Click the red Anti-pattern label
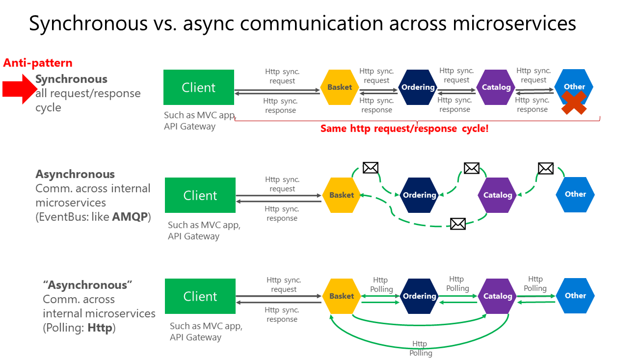point(38,63)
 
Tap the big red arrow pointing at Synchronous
point(20,89)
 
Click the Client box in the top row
point(199,88)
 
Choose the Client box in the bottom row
point(200,296)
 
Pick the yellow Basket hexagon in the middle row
point(342,195)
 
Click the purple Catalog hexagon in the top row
point(496,87)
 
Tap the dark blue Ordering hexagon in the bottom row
point(419,296)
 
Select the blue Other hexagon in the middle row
point(575,194)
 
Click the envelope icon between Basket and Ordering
point(371,168)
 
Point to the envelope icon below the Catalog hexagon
point(457,224)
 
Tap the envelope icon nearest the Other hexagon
point(545,168)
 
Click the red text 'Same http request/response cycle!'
point(404,129)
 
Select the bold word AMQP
point(130,216)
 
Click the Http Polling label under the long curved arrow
point(421,348)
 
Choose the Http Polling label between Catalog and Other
point(535,283)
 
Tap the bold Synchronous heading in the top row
point(71,79)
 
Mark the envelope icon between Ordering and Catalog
point(471,168)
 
